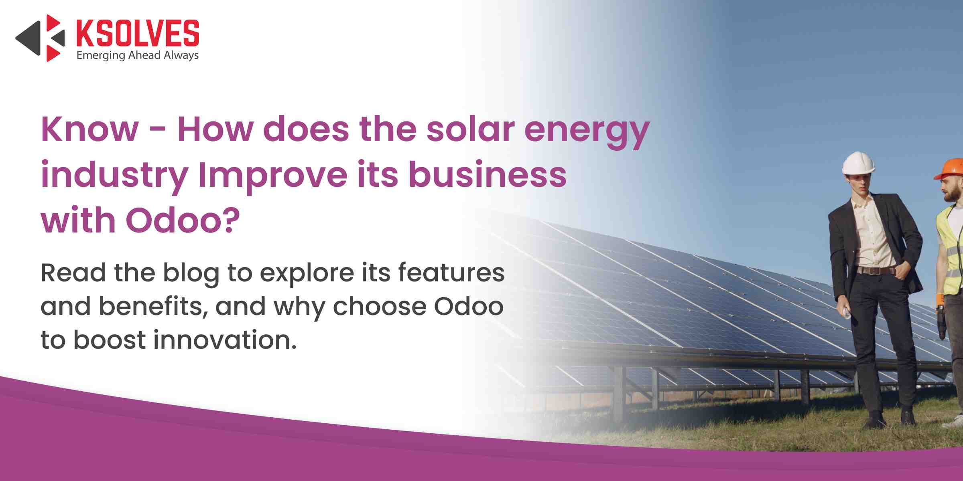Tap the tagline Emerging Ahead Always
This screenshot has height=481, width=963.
[138, 55]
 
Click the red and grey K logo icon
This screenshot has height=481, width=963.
[40, 38]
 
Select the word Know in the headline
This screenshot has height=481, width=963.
[89, 129]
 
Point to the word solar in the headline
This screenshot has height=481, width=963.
[470, 129]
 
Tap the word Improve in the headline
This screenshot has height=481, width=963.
[273, 176]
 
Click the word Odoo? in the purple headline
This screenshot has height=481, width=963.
[183, 220]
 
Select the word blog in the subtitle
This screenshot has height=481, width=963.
[191, 274]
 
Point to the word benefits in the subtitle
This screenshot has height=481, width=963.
[153, 306]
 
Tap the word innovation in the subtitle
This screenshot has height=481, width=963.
[225, 340]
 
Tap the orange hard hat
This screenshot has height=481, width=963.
[950, 169]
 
